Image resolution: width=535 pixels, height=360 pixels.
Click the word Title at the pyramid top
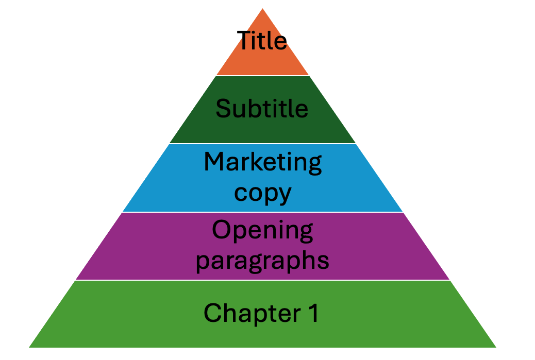pyautogui.click(x=262, y=40)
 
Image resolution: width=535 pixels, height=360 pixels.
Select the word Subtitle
pyautogui.click(x=262, y=109)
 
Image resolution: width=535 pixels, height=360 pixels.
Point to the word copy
pyautogui.click(x=262, y=193)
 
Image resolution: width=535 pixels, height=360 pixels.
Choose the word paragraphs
pyautogui.click(x=262, y=261)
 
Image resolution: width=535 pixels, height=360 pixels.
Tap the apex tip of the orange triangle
pyautogui.click(x=263, y=9)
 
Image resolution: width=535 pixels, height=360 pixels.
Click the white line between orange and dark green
pyautogui.click(x=263, y=76)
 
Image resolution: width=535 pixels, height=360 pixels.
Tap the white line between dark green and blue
pyautogui.click(x=263, y=144)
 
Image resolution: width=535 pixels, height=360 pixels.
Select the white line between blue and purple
pyautogui.click(x=263, y=212)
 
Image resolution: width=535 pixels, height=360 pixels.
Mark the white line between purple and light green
pyautogui.click(x=263, y=280)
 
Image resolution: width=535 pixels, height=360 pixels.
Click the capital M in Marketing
pyautogui.click(x=214, y=162)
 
